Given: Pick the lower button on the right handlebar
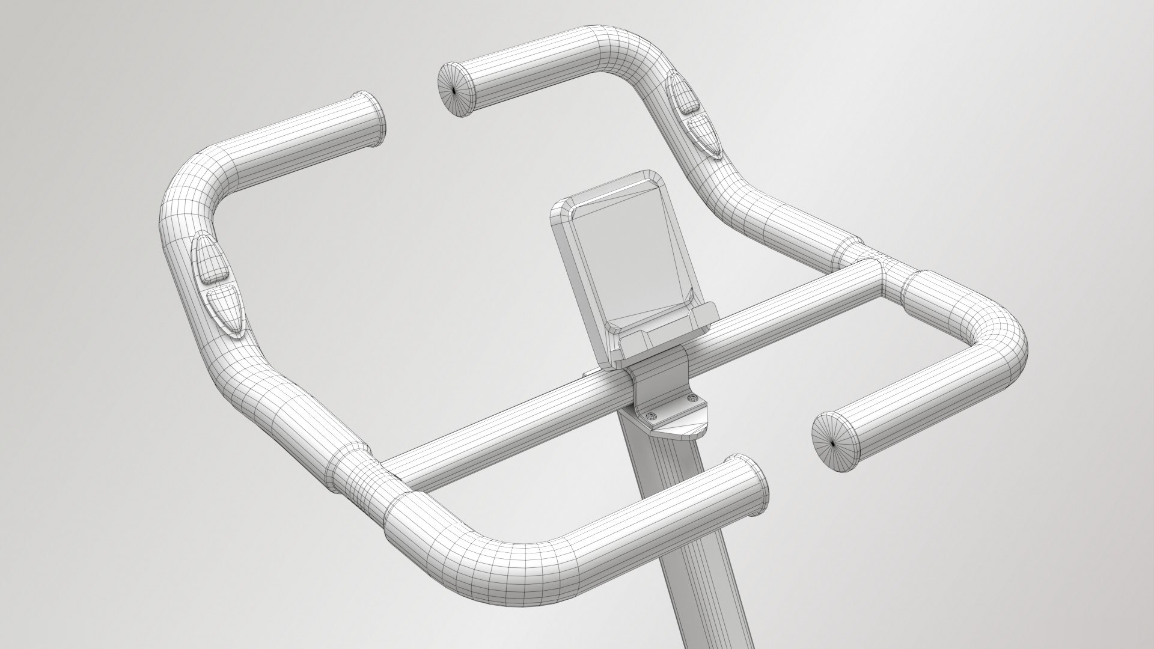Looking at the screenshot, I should coord(703,135).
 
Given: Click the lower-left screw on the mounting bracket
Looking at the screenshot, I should coord(649,415).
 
